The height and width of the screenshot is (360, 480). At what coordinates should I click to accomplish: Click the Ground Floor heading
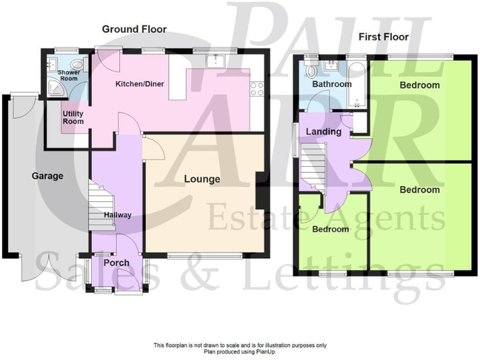[134, 29]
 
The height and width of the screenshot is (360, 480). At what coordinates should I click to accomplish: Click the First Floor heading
[383, 37]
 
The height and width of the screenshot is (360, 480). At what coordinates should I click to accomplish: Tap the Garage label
[47, 176]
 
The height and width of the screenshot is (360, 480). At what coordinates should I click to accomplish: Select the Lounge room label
[202, 179]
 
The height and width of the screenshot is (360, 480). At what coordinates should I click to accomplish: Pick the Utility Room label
[72, 117]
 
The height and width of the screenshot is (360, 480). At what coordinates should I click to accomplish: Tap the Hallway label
[117, 216]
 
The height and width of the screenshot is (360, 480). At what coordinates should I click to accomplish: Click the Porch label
[116, 263]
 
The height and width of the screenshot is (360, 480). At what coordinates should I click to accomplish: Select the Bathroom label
[332, 84]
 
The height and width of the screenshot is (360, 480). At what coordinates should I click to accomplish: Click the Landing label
[324, 132]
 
